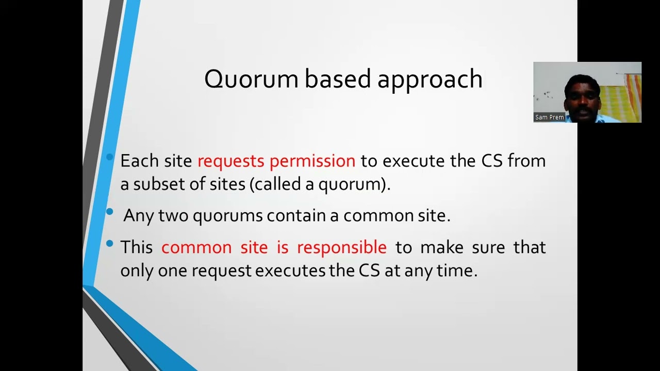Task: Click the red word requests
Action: click(x=231, y=161)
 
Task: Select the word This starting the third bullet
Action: click(x=136, y=247)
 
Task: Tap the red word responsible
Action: click(x=341, y=247)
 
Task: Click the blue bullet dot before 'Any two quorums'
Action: click(x=109, y=212)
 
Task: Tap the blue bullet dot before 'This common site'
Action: click(x=109, y=243)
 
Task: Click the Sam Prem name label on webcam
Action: click(x=549, y=117)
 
